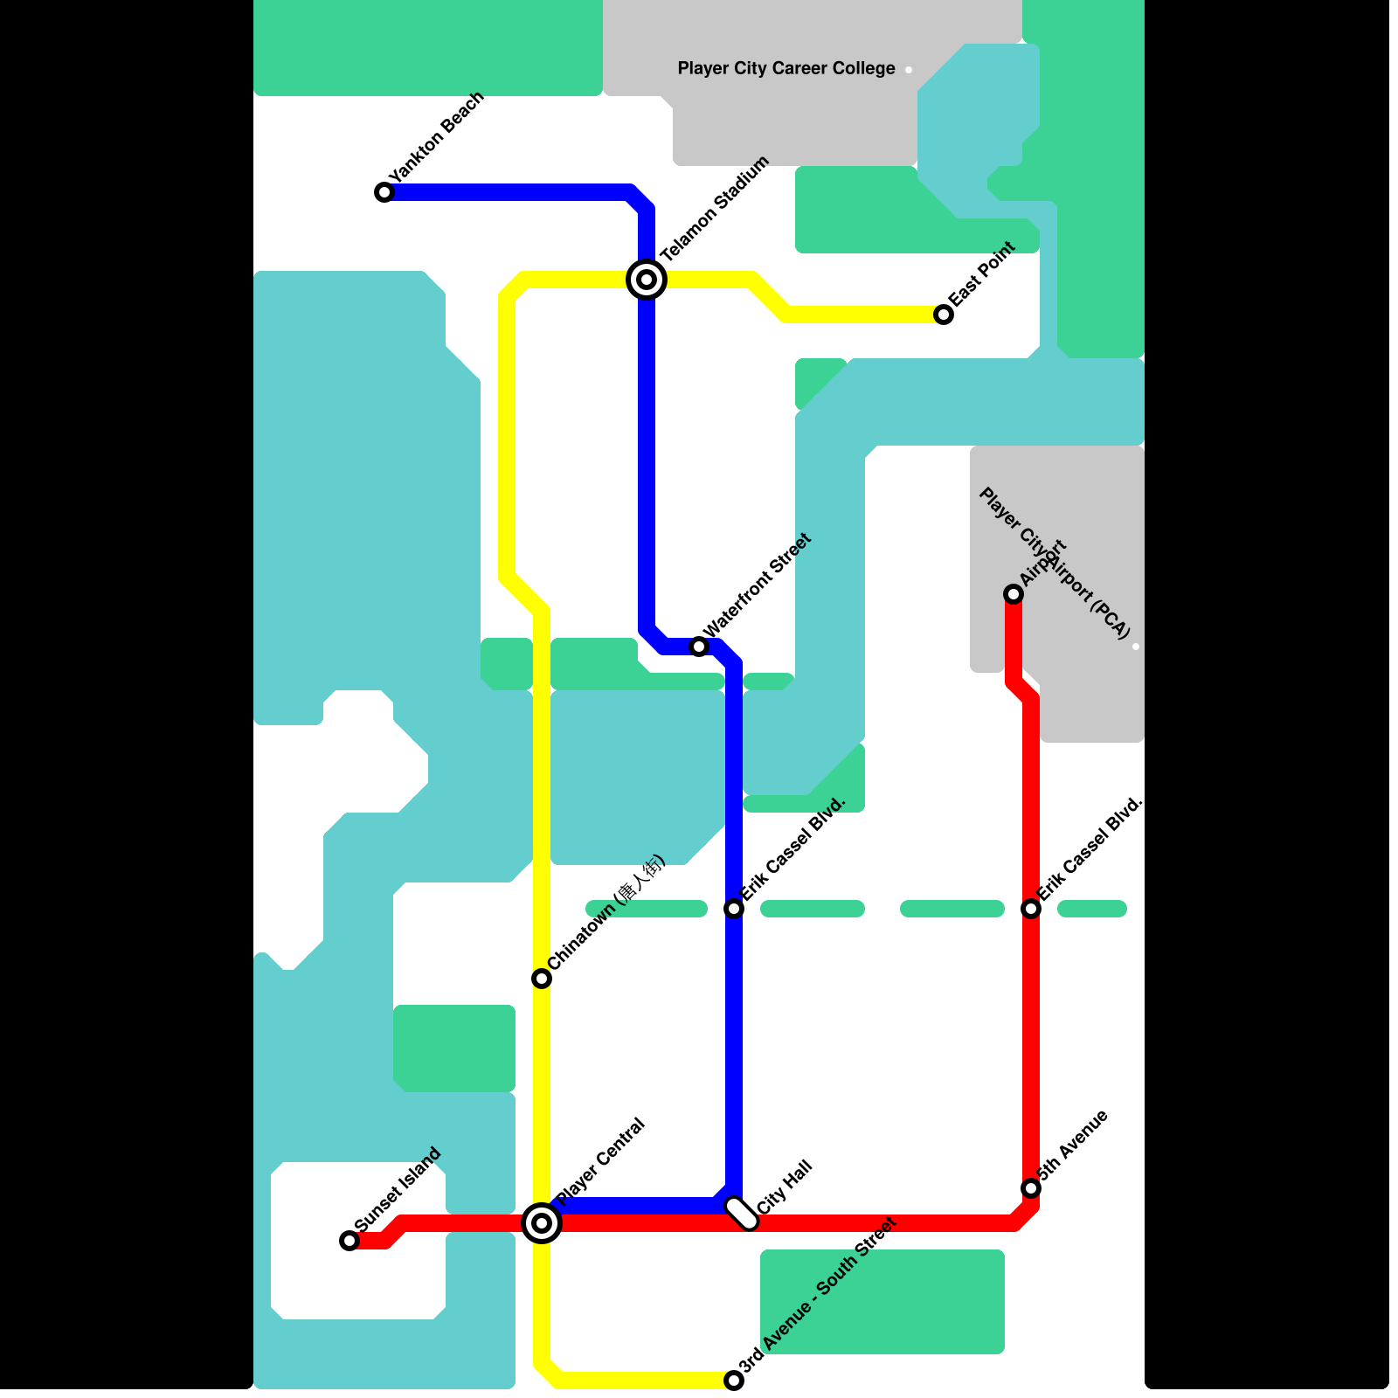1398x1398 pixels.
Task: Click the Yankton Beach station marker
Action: coord(384,192)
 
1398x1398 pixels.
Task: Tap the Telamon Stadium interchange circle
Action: coord(647,280)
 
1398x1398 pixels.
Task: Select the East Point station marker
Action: coord(944,315)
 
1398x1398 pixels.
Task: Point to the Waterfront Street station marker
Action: coord(699,647)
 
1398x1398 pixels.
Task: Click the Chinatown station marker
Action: coord(542,979)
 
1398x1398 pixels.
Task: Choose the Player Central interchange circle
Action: coord(542,1222)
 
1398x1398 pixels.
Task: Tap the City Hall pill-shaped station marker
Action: coord(742,1214)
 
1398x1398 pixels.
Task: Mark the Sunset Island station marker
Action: coord(349,1241)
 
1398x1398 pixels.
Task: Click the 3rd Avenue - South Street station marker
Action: coord(734,1381)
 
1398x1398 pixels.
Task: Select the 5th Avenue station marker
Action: coord(1031,1188)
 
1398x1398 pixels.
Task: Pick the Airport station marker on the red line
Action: coord(1014,594)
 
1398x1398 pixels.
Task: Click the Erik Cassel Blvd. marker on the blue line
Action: coord(734,909)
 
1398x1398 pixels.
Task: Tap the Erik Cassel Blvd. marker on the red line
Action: coord(1031,909)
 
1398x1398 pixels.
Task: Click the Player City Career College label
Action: coord(786,68)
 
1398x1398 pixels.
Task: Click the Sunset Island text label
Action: coord(398,1190)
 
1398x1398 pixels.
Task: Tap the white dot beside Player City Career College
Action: coord(909,70)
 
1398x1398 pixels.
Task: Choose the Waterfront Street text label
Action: coord(758,585)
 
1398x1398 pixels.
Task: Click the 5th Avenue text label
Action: coord(1073,1145)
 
